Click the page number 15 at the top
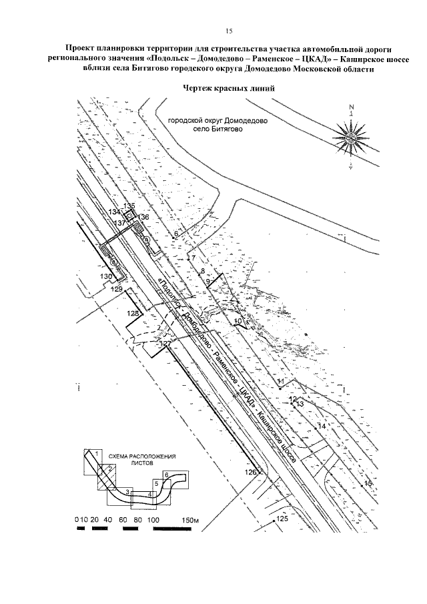click(228, 31)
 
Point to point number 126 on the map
click(250, 473)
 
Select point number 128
click(134, 313)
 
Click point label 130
click(106, 276)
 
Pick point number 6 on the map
click(176, 234)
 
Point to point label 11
click(281, 380)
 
